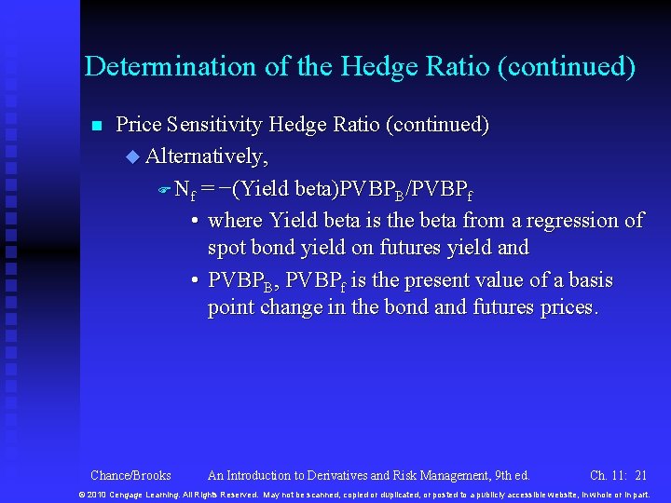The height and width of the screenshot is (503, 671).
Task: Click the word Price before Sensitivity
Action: (x=138, y=125)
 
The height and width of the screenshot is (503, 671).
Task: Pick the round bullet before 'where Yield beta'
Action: (x=192, y=222)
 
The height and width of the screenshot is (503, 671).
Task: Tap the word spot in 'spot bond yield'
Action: (x=226, y=249)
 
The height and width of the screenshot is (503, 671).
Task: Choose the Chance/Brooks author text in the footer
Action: (x=130, y=475)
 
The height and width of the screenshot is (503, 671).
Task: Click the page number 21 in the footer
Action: (x=640, y=475)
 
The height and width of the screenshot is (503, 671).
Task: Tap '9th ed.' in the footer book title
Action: (x=509, y=475)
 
